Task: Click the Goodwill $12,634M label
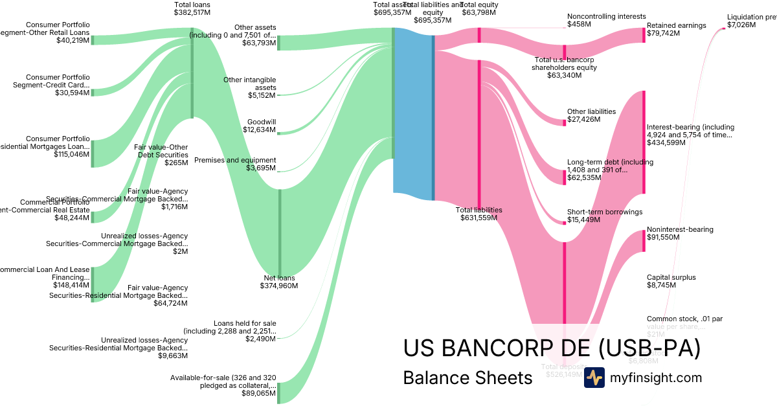coord(262,126)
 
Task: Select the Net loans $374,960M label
coord(277,282)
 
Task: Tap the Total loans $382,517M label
coord(192,8)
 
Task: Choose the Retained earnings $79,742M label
coord(676,29)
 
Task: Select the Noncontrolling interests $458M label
coord(606,20)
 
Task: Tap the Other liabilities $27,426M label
coord(591,115)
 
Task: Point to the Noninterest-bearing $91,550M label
coord(680,233)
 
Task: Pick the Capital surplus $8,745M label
coord(671,281)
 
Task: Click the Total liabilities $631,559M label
coord(479,214)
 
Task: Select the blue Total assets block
coord(412,110)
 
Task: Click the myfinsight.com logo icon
coord(594,378)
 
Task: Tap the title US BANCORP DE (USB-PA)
coord(552,348)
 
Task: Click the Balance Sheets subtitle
coord(467,378)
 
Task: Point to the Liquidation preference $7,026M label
coord(751,21)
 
